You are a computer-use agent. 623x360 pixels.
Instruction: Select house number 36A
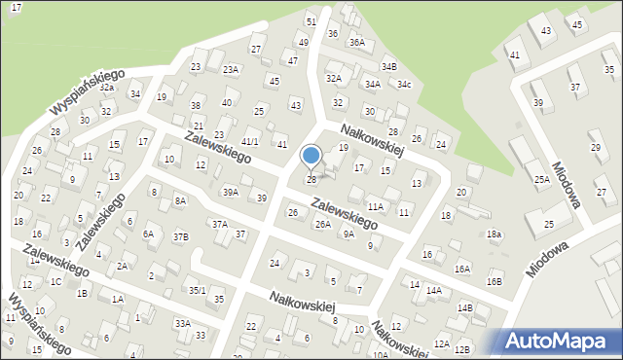(x=357, y=43)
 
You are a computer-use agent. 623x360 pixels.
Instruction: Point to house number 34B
(x=389, y=66)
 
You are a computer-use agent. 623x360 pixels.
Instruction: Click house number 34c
(x=403, y=85)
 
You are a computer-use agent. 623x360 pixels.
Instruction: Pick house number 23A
(x=231, y=69)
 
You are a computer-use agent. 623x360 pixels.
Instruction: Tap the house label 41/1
(x=250, y=142)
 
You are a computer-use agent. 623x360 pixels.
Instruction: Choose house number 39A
(x=231, y=193)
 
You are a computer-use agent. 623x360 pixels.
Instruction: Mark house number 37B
(x=181, y=236)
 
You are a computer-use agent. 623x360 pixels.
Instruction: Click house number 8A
(x=180, y=200)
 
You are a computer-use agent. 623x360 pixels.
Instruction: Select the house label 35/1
(x=198, y=290)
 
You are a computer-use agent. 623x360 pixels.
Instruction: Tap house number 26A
(x=322, y=225)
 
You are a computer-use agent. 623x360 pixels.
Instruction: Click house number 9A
(x=348, y=234)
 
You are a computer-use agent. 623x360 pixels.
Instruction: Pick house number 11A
(x=376, y=207)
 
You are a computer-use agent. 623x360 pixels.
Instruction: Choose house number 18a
(x=495, y=234)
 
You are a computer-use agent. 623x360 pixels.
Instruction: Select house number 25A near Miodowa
(x=542, y=179)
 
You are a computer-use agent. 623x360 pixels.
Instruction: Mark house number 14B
(x=465, y=308)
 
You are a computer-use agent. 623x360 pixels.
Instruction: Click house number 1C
(x=56, y=282)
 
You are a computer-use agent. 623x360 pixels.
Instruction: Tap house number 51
(x=311, y=21)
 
